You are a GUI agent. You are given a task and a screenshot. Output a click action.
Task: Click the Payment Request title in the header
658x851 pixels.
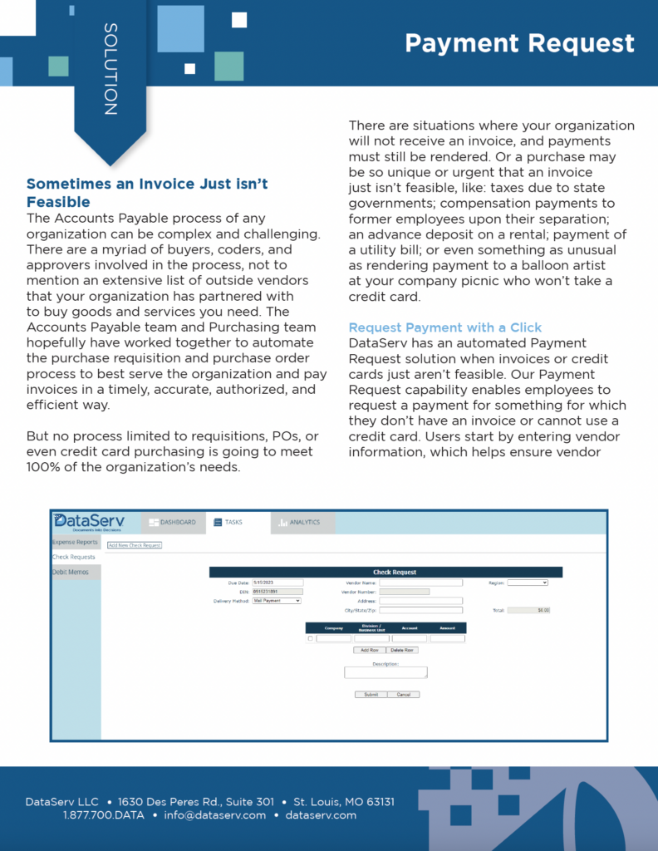click(519, 42)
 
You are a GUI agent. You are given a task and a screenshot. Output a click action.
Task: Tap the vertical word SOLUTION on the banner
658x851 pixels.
click(110, 69)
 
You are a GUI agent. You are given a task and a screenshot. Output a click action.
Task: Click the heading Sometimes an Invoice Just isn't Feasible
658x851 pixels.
click(147, 192)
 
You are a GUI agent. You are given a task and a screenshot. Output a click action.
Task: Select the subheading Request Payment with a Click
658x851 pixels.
click(444, 327)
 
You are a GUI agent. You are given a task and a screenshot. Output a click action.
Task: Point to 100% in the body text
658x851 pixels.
click(49, 467)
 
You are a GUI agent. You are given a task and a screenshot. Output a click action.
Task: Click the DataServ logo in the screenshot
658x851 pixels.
click(89, 522)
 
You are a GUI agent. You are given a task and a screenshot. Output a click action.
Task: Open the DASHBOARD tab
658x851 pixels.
click(172, 523)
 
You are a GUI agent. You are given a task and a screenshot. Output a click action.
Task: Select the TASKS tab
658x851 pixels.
click(228, 523)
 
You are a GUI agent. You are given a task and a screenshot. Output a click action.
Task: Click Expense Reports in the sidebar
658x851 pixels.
click(76, 542)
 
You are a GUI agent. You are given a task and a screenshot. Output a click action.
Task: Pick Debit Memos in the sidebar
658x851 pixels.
click(71, 572)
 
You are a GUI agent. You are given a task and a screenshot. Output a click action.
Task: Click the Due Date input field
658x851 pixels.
click(277, 583)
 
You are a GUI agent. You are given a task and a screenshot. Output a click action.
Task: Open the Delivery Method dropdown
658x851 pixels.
click(277, 601)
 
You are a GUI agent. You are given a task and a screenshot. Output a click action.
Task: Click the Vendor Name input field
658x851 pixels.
click(420, 583)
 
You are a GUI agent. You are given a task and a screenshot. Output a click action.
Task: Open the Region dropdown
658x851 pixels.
click(528, 583)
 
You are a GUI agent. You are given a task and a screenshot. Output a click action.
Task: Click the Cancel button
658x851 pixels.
click(403, 694)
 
